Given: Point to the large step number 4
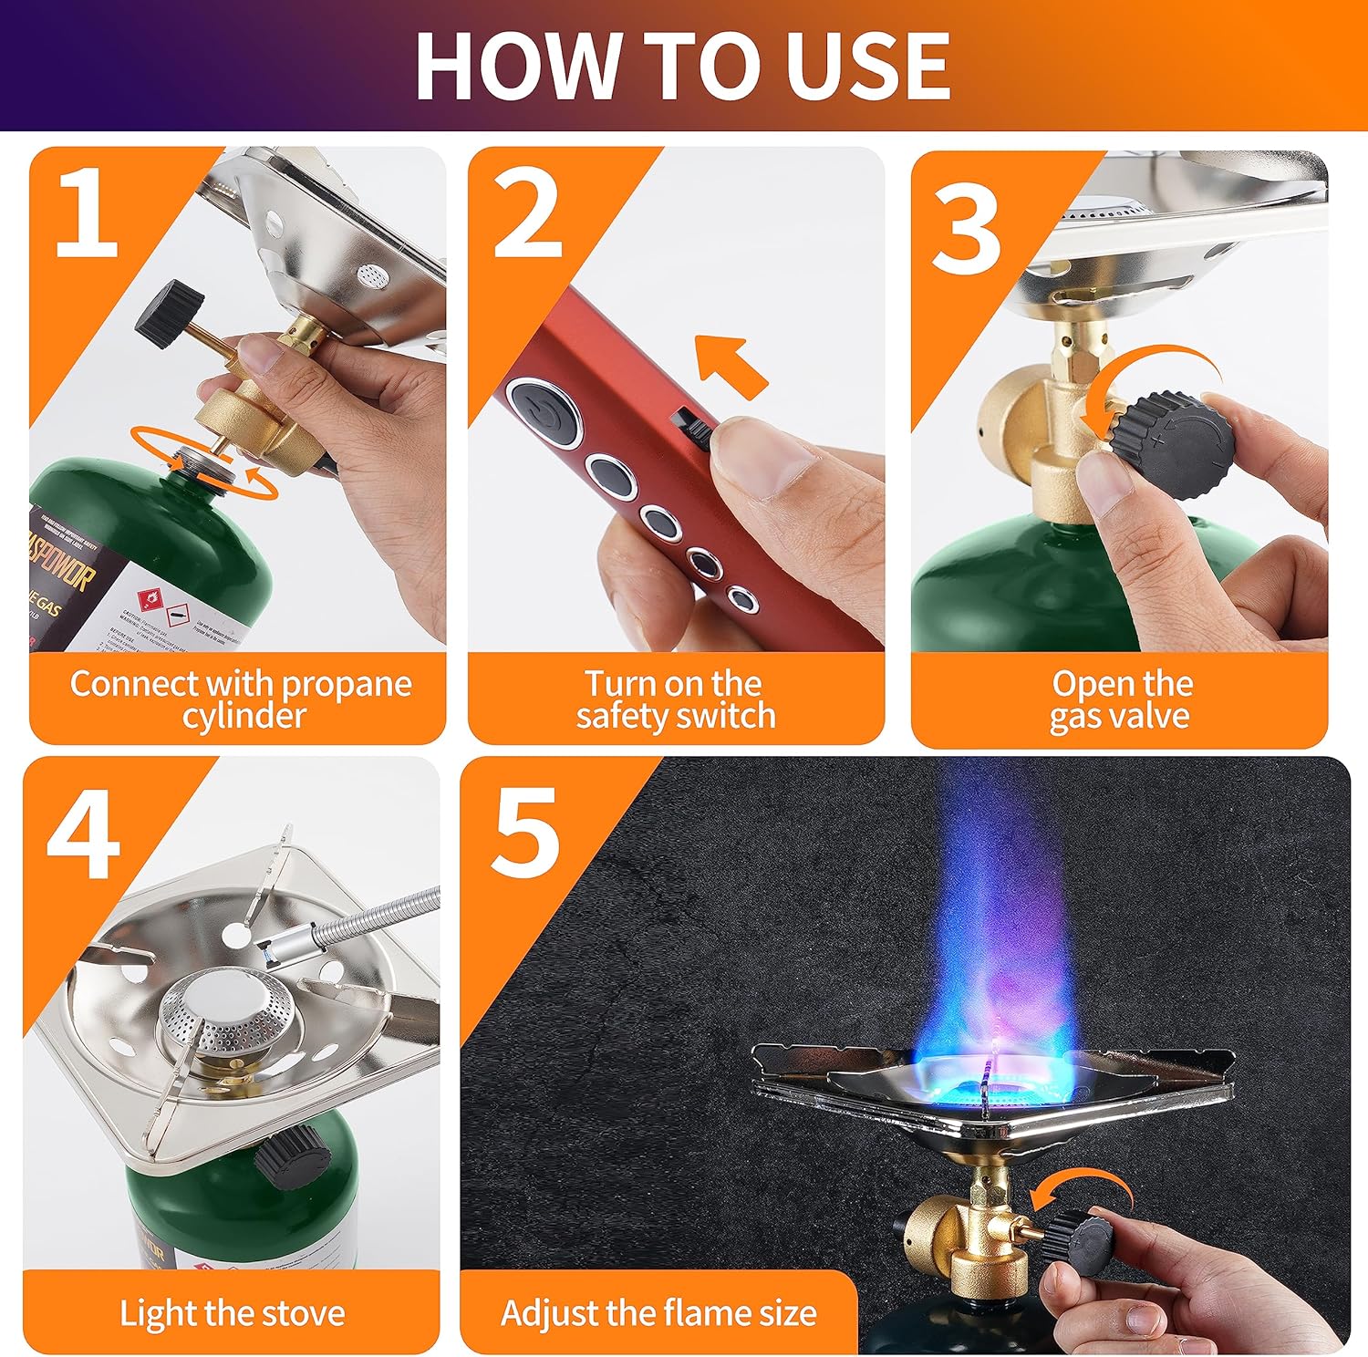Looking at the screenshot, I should pos(83,834).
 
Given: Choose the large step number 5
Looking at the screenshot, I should pos(524,832).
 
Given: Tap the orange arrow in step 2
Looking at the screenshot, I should pos(731,367).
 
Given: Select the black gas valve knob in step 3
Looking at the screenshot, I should pos(1177,444).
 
